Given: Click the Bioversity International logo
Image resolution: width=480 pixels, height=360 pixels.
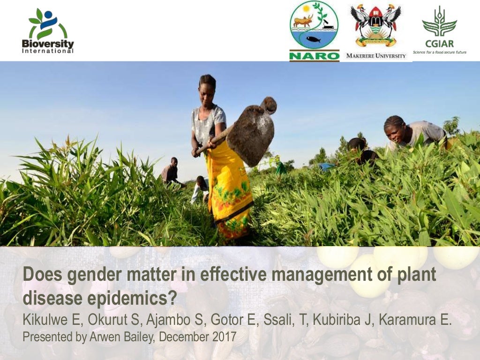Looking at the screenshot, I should [47, 30].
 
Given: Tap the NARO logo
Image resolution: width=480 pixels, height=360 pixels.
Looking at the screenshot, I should [314, 31].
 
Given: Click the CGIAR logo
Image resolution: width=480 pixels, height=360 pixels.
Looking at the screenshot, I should [439, 29].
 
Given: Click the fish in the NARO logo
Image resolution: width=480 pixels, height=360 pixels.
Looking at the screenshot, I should [313, 40].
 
